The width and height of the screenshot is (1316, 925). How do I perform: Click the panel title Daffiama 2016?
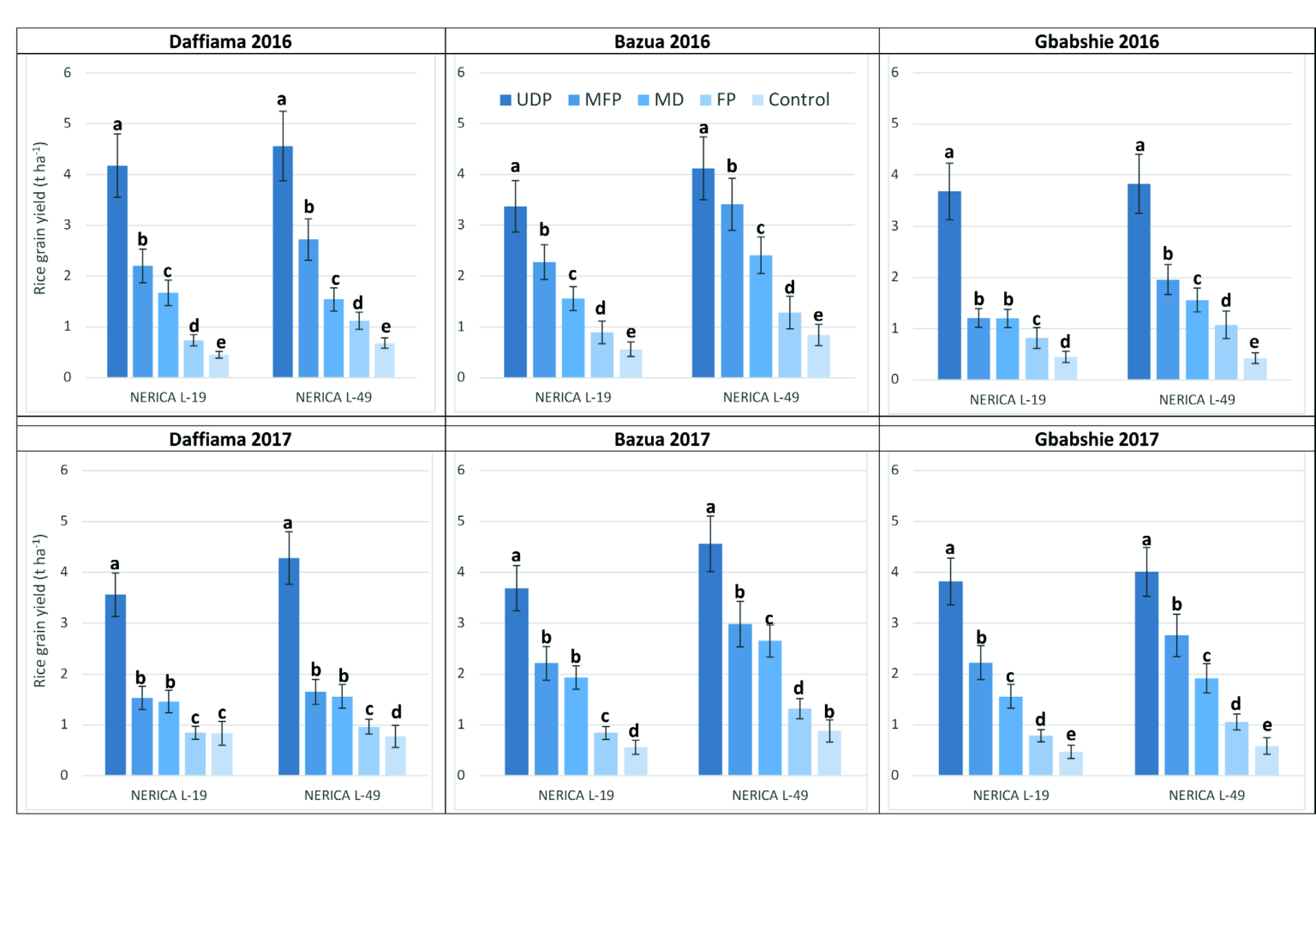click(230, 41)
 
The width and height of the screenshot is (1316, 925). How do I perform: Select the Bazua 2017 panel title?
click(661, 439)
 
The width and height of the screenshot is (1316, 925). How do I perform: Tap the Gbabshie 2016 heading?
click(1096, 41)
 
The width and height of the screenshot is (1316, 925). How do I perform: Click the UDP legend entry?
click(525, 99)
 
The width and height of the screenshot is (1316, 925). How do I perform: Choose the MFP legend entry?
click(595, 99)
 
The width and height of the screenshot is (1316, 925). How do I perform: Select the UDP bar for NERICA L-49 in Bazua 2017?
click(710, 659)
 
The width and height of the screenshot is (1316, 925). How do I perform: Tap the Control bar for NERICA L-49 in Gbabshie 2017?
click(1266, 760)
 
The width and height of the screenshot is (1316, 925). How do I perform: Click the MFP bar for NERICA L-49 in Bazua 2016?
click(732, 291)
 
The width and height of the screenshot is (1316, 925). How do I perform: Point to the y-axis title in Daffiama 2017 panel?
click(39, 610)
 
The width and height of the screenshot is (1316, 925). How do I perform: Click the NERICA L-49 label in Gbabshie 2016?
click(1196, 399)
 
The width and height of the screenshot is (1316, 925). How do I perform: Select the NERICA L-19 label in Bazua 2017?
click(576, 796)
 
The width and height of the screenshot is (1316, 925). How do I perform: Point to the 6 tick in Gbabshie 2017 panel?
click(894, 470)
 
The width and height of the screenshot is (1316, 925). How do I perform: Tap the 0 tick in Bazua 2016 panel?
click(461, 377)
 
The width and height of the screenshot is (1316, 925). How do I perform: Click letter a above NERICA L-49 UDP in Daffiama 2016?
click(281, 99)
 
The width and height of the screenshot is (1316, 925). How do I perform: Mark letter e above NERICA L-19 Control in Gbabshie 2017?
click(1070, 735)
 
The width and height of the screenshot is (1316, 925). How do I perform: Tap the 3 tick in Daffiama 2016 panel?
click(67, 225)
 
